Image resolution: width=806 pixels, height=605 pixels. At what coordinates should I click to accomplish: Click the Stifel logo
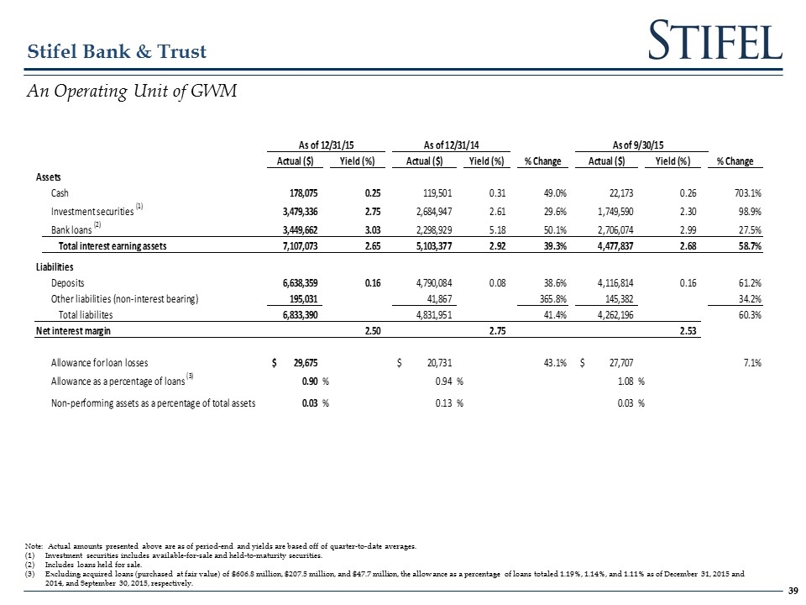click(715, 41)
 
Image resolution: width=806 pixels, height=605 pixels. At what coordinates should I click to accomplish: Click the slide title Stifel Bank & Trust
click(118, 52)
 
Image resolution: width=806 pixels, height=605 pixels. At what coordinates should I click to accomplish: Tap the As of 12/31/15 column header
click(321, 144)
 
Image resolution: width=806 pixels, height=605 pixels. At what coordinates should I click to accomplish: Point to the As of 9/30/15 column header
click(641, 144)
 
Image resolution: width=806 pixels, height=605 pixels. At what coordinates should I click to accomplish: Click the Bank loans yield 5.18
click(489, 227)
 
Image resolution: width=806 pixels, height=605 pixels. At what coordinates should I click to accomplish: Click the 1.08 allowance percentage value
click(622, 382)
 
